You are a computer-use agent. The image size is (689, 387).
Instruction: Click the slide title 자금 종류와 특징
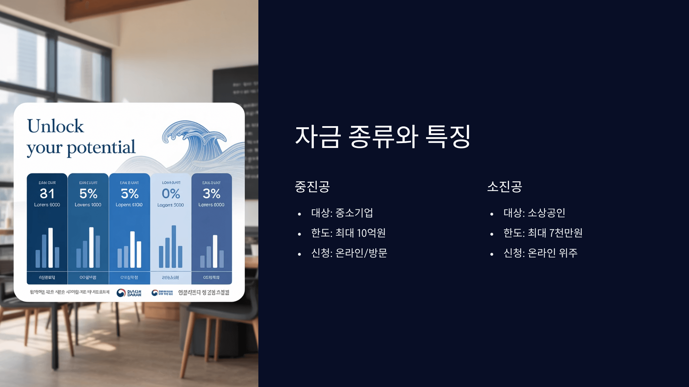tap(383, 137)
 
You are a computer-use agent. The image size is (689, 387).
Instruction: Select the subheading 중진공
tap(312, 187)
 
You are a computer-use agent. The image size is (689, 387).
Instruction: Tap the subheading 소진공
tap(504, 187)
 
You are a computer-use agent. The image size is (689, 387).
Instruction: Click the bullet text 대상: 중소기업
tap(342, 213)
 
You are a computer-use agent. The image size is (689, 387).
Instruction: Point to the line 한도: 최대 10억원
tap(348, 233)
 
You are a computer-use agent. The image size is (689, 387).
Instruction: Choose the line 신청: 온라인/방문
tap(349, 253)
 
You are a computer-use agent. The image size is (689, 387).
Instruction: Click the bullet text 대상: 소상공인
tap(534, 213)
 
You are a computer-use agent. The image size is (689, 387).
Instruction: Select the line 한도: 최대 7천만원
tap(543, 233)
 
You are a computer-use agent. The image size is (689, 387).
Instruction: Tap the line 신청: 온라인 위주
tap(540, 253)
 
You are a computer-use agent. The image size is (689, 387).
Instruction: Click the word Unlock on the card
tap(55, 126)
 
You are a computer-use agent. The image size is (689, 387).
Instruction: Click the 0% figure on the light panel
tap(171, 194)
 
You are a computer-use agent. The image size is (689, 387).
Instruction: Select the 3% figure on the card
tap(212, 194)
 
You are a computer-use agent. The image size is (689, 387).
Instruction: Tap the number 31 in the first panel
tap(47, 194)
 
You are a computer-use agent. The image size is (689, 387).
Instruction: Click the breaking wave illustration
tap(195, 138)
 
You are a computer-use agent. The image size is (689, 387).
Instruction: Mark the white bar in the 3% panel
tap(215, 251)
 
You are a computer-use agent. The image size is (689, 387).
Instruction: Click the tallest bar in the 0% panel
tap(174, 246)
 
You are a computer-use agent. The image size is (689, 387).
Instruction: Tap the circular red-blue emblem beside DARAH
tap(121, 293)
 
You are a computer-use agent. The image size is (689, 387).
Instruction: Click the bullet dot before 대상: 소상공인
tap(492, 214)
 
